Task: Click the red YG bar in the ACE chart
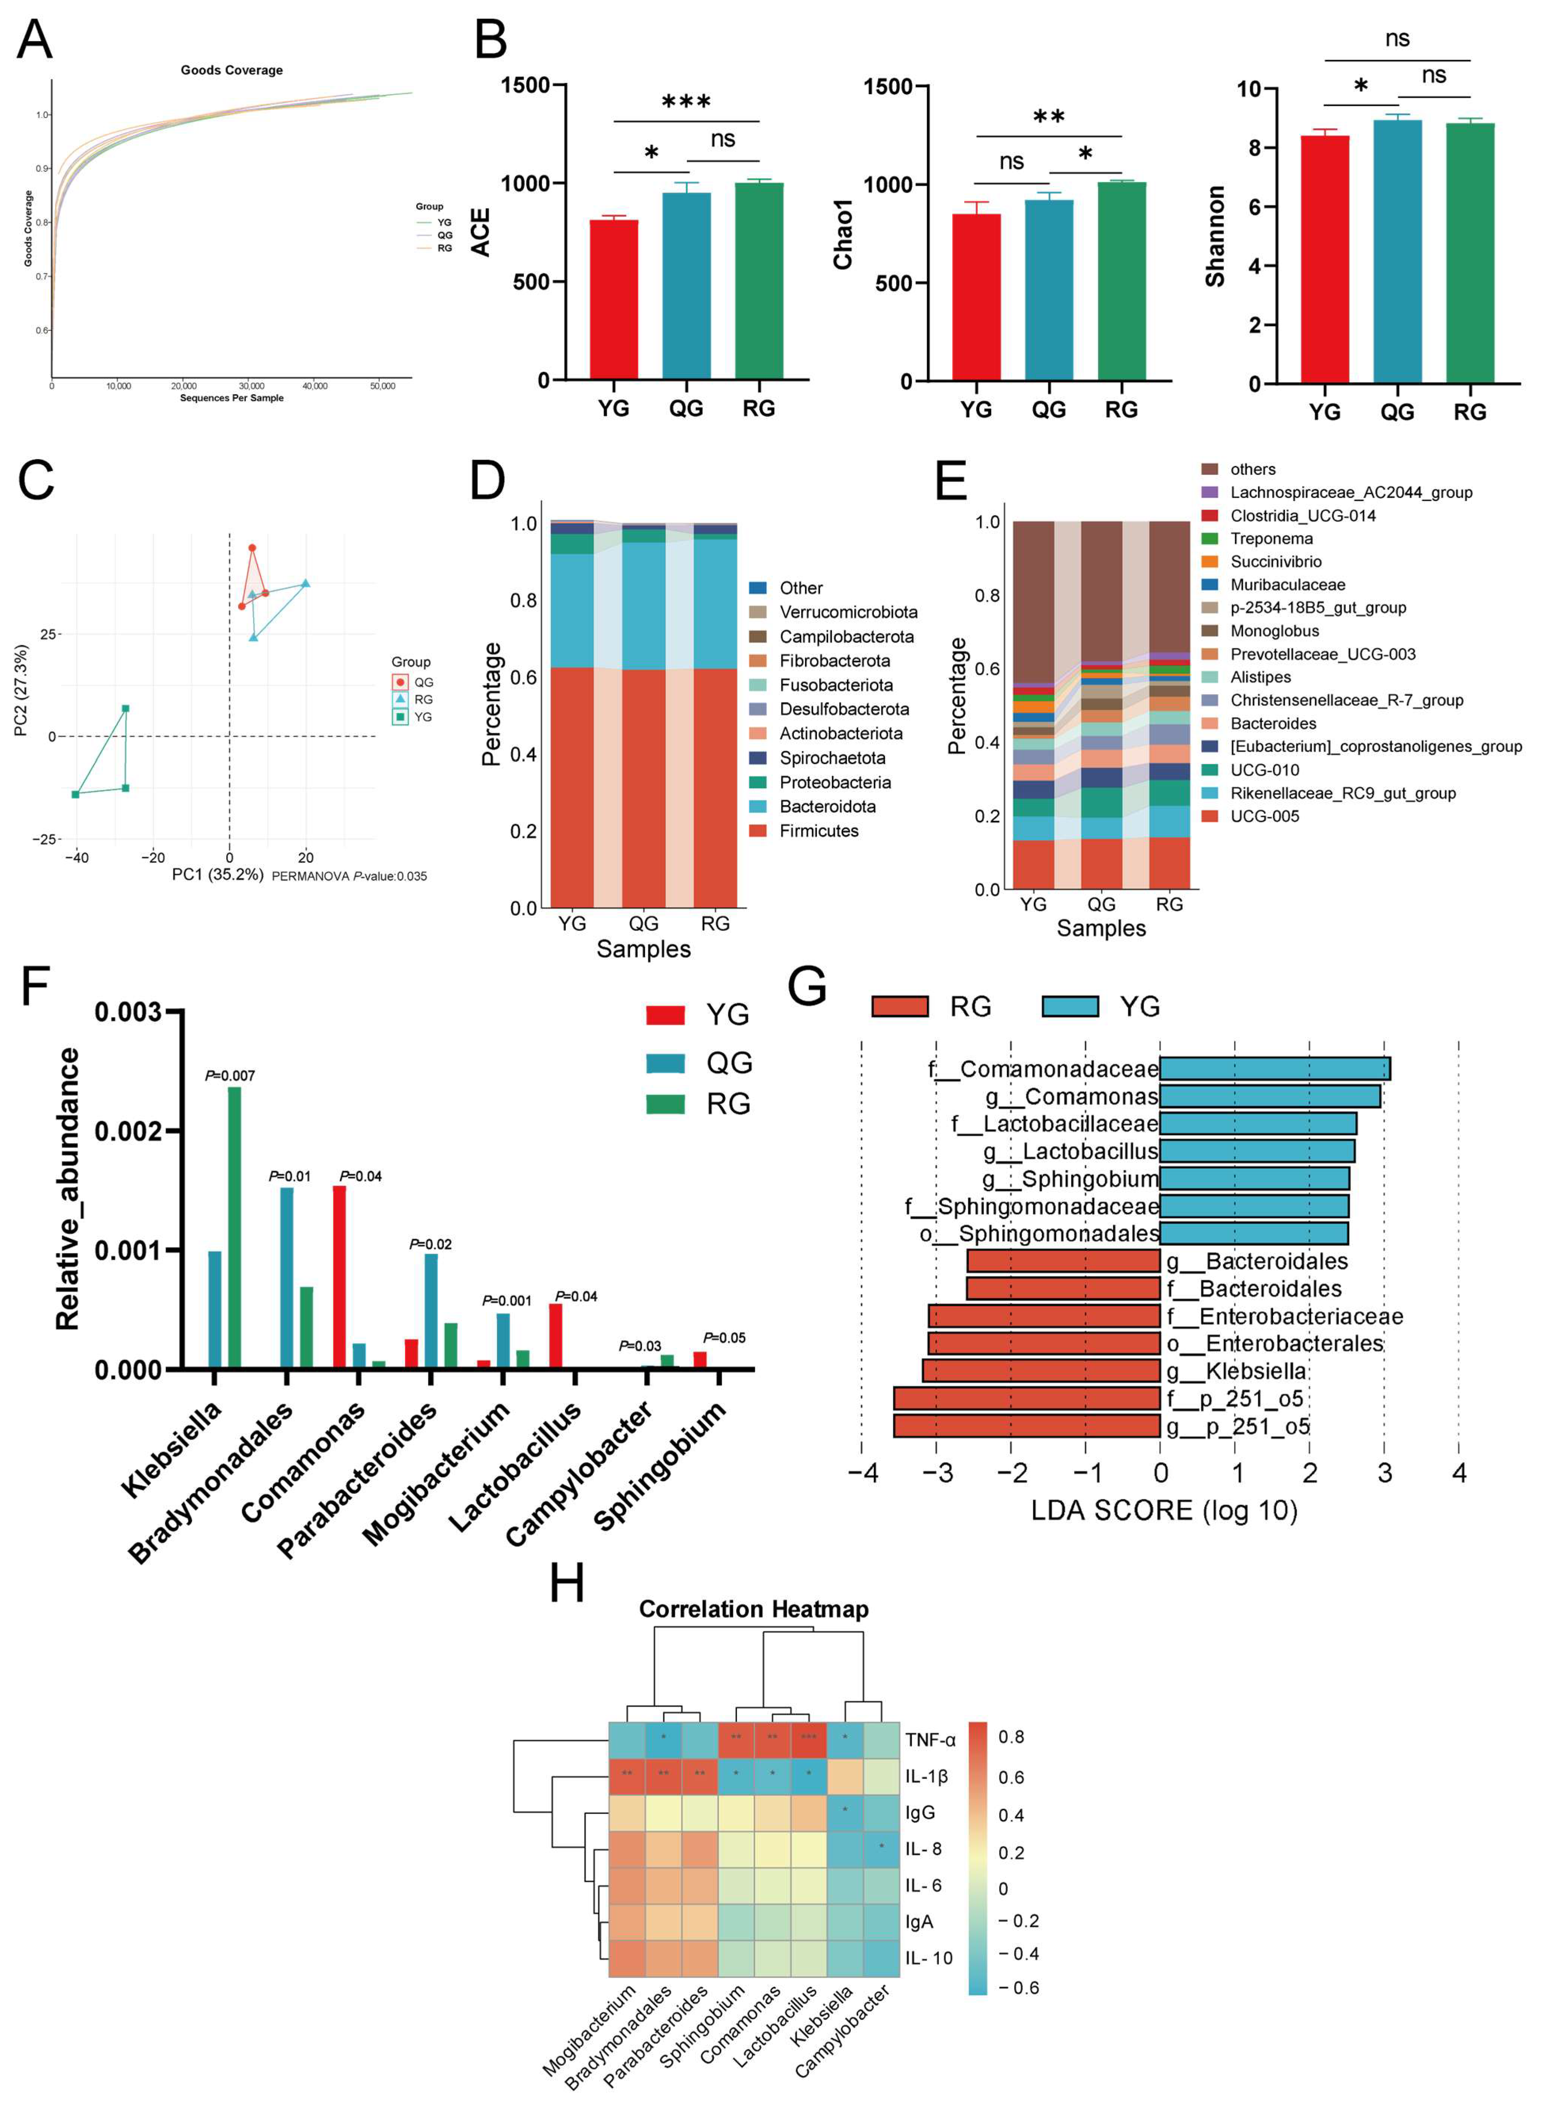(613, 299)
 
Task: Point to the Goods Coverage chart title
(231, 70)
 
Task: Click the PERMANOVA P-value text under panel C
(349, 876)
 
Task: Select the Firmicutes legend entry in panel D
(818, 831)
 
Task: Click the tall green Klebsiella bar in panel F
(234, 1227)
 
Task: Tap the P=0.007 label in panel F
(229, 1076)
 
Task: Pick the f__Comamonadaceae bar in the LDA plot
(1274, 1068)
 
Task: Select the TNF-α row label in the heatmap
(930, 1740)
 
